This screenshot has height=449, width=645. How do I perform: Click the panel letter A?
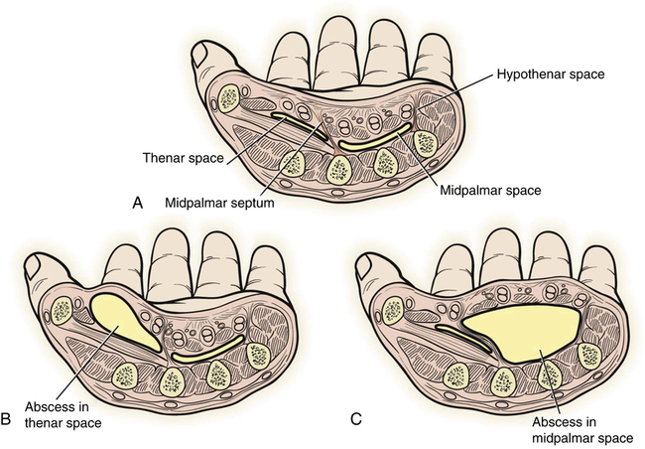tap(139, 202)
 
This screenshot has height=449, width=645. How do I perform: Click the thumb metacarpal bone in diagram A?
tap(230, 96)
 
